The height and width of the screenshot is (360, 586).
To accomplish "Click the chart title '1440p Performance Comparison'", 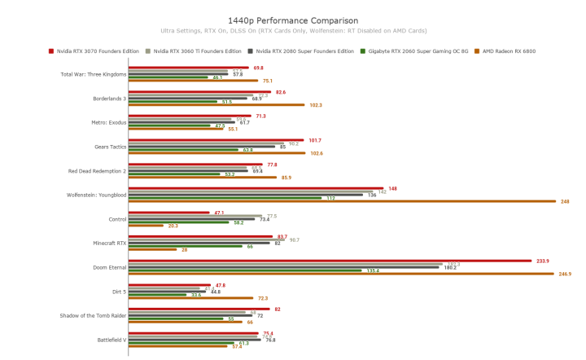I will (x=292, y=19).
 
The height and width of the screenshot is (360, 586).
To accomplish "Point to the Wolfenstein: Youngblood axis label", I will (x=96, y=195).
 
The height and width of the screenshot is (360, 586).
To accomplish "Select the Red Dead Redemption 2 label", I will (x=97, y=171).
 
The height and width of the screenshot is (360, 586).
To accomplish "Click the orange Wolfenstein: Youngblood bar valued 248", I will (x=342, y=201).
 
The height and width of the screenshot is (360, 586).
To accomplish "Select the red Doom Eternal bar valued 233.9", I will (x=330, y=261).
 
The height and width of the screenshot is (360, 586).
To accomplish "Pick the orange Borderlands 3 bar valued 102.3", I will (x=216, y=105).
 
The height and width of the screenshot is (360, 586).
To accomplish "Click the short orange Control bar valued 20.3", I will (x=146, y=226).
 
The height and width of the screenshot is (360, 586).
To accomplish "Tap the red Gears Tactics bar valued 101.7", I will (x=216, y=140).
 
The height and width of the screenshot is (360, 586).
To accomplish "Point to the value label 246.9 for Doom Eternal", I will (x=565, y=274).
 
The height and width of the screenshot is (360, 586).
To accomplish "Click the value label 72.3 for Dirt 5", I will (x=262, y=298).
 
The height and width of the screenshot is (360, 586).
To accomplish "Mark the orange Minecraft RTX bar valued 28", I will (x=152, y=249).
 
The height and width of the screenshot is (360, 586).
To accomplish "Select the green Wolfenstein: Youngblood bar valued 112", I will (x=225, y=198).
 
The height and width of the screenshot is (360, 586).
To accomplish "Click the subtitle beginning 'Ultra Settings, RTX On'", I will (x=292, y=31).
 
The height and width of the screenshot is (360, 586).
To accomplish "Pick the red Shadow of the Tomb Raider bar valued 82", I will (x=199, y=310).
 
